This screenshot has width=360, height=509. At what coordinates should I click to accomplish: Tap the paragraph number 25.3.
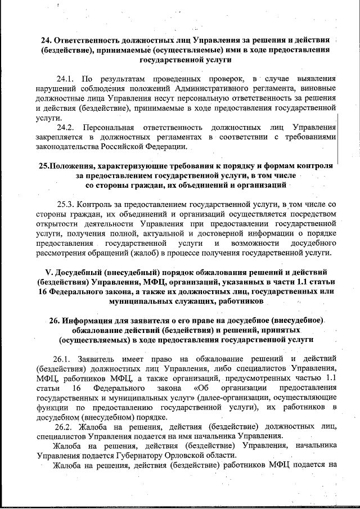click(67, 204)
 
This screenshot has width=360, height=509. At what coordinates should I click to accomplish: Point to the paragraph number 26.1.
click(64, 358)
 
